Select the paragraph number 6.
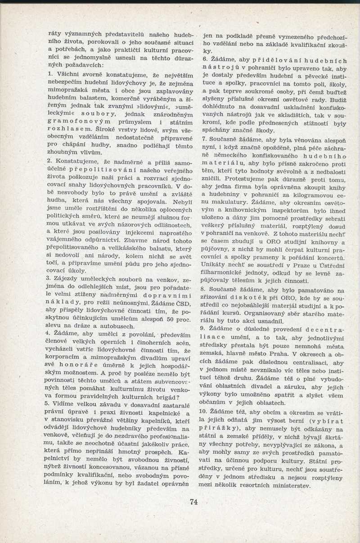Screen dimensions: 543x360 click(x=205, y=60)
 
